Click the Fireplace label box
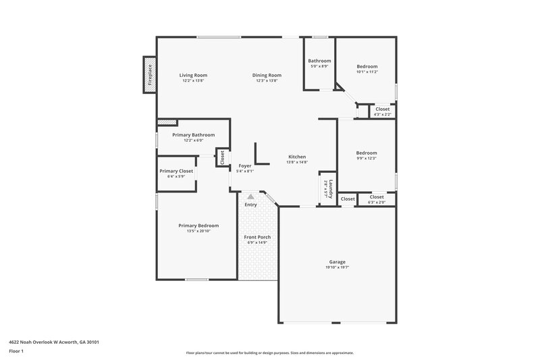pos(149,74)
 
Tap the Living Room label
pos(193,75)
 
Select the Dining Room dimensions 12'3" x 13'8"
pos(267,80)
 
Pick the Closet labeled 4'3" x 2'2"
pos(382,111)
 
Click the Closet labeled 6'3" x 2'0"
pos(377,199)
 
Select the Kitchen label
pos(297,156)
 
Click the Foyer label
pos(244,165)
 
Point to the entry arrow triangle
pos(250,197)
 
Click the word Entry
pos(250,205)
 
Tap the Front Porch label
pos(257,237)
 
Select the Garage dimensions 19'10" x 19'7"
pos(337,267)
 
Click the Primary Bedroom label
pos(198,226)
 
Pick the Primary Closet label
pos(176,171)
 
